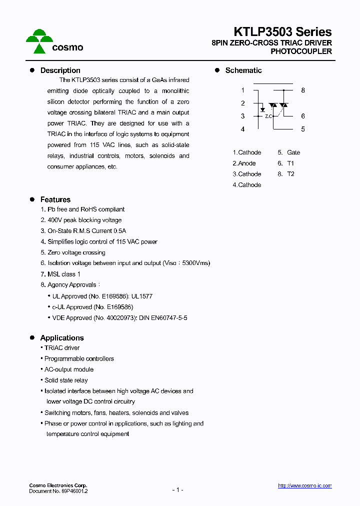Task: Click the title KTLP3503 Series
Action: click(x=282, y=32)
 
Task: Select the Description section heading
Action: click(x=60, y=70)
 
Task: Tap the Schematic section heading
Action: click(x=243, y=70)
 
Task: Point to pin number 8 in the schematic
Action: click(x=303, y=90)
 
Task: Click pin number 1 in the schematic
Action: click(x=242, y=90)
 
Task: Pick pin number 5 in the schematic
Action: click(x=303, y=129)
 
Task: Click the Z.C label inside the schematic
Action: click(x=268, y=116)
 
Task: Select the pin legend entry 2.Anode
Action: click(x=244, y=163)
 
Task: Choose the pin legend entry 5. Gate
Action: click(x=289, y=152)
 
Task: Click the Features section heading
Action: click(x=55, y=199)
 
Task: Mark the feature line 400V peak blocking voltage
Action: click(x=81, y=220)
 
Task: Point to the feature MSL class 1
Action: click(x=60, y=274)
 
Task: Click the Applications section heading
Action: click(x=61, y=338)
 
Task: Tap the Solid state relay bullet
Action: click(x=66, y=380)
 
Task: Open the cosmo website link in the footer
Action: click(x=304, y=485)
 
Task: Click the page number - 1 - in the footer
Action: click(x=177, y=490)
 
